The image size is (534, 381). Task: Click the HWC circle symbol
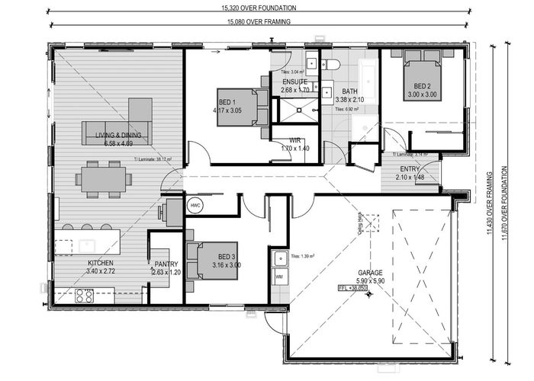[x=195, y=206]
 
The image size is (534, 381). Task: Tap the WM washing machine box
[x=279, y=275]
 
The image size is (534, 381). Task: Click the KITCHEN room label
[x=100, y=263]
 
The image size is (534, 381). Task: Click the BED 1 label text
[x=227, y=102]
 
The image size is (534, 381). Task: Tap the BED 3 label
[x=227, y=257]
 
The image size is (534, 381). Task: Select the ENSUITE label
[x=294, y=82]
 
